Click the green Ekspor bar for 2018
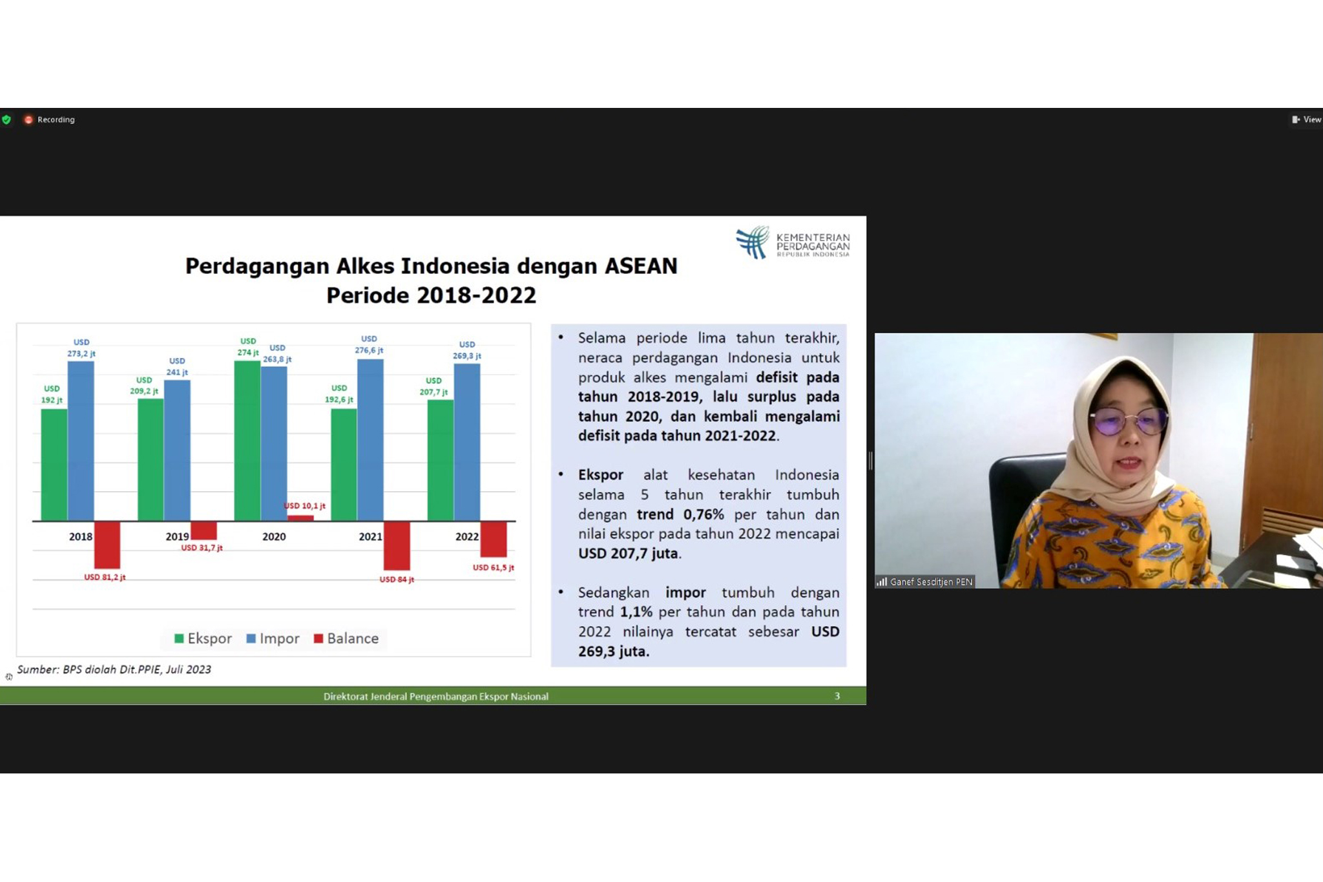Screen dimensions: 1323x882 (54, 465)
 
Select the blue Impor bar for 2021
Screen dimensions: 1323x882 (370, 440)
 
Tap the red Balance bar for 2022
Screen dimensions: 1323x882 (494, 539)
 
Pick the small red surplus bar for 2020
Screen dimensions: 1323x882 (300, 518)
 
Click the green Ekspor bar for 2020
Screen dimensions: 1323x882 (247, 441)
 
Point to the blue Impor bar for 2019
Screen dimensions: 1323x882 (177, 450)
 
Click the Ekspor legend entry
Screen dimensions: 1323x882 (203, 638)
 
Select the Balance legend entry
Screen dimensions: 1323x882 (346, 638)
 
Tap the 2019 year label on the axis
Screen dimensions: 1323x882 (177, 536)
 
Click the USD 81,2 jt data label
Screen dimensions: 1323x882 (105, 577)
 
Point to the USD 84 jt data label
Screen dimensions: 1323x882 (397, 580)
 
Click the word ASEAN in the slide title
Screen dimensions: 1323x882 (641, 266)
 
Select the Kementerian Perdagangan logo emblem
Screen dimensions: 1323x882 (753, 243)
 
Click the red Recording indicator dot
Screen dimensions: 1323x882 (28, 120)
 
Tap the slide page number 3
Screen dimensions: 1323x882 (837, 696)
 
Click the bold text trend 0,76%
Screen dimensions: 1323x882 (680, 514)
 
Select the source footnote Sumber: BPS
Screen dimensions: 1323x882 (114, 669)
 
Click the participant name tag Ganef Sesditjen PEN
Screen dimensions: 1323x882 (925, 582)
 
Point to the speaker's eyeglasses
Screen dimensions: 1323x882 (1129, 421)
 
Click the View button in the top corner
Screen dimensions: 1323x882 (1306, 120)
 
